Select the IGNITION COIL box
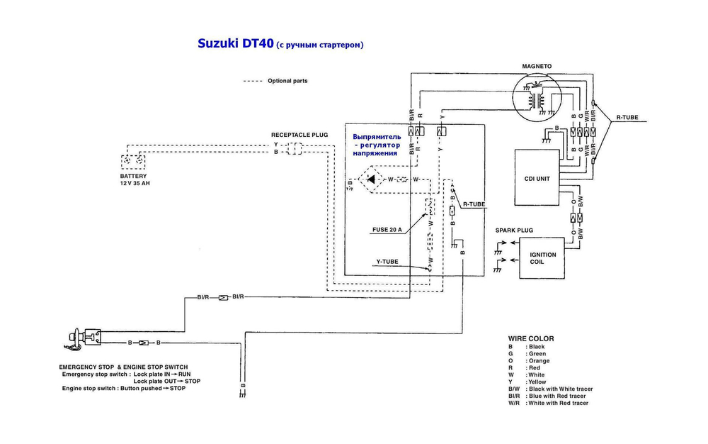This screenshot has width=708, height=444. (x=543, y=258)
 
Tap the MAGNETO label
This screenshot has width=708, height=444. (x=537, y=66)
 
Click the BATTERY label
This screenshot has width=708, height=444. (x=134, y=175)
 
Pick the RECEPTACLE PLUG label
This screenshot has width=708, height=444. (x=299, y=134)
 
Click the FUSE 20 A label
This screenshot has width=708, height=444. (x=387, y=230)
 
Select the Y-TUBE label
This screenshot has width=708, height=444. (x=387, y=262)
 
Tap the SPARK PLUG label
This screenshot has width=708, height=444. (x=514, y=230)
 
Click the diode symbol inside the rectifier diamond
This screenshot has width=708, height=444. (x=370, y=179)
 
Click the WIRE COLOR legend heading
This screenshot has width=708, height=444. (x=531, y=338)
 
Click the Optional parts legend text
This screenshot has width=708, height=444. (x=287, y=81)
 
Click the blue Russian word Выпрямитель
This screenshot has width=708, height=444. (x=377, y=136)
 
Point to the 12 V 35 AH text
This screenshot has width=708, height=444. (x=135, y=183)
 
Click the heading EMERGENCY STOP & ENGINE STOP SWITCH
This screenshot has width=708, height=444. (x=125, y=367)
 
